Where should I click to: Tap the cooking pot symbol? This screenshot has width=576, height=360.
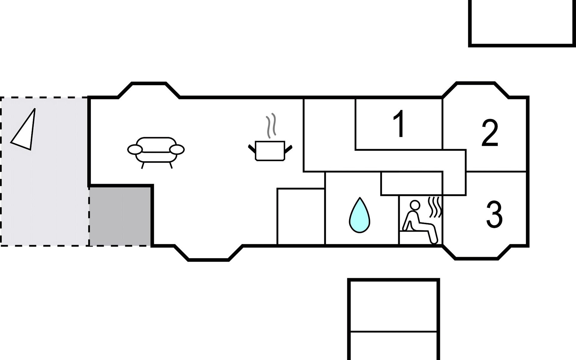[x=270, y=151]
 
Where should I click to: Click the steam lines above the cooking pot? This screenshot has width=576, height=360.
[x=271, y=125]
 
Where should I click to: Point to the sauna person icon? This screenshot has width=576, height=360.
[x=420, y=222]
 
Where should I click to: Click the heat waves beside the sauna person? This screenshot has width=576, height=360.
[x=435, y=207]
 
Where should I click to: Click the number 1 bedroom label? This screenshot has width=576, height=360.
[x=399, y=124]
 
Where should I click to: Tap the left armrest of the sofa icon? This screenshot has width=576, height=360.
[x=135, y=149]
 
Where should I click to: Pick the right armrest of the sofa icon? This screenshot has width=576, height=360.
[x=177, y=149]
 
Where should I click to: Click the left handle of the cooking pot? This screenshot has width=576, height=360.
[x=252, y=148]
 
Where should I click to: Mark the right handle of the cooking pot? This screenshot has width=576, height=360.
[x=288, y=148]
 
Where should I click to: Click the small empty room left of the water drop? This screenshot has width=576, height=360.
[x=301, y=216]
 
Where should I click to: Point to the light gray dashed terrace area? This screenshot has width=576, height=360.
[x=44, y=171]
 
